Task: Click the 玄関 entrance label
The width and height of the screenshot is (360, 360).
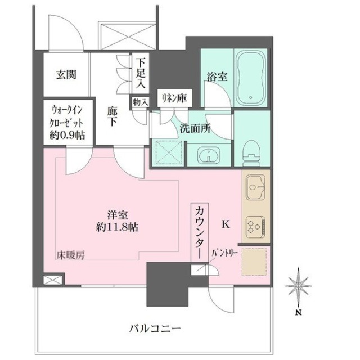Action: [66, 74]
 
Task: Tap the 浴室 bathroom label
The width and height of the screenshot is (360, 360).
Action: [217, 77]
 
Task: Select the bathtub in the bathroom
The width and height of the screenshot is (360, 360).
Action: [251, 79]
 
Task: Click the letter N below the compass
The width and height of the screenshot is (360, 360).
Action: [299, 313]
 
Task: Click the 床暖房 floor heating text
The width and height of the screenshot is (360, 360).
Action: [70, 255]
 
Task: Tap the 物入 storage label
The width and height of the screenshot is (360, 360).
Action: [140, 102]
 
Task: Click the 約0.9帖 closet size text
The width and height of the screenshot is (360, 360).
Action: [66, 136]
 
